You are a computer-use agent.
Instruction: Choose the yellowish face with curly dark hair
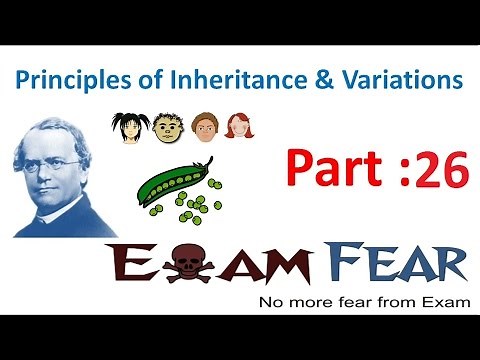click(166, 126)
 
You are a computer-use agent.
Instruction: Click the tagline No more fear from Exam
click(361, 302)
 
